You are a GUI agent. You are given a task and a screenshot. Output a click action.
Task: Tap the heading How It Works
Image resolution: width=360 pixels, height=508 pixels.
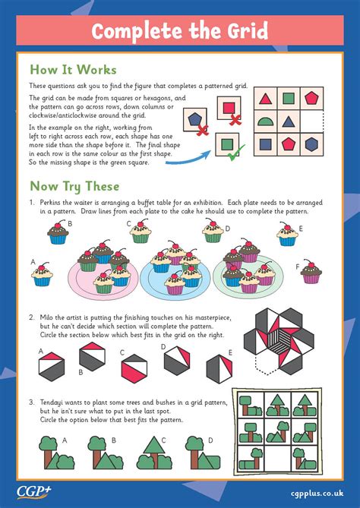click(x=73, y=70)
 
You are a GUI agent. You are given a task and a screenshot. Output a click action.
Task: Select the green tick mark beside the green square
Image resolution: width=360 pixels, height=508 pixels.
click(x=236, y=153)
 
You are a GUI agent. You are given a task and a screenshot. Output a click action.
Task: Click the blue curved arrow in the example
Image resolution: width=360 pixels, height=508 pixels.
click(x=188, y=159)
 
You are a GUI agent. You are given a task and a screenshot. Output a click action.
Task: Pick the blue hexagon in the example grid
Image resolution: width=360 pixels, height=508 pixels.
click(x=311, y=144)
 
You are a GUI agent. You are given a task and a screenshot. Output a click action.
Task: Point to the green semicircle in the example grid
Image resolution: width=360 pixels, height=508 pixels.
click(x=265, y=121)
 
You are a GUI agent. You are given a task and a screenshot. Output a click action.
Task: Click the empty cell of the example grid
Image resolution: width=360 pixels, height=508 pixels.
click(x=311, y=121)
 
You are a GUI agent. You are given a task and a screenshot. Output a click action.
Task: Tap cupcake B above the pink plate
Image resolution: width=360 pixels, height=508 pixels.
click(x=58, y=232)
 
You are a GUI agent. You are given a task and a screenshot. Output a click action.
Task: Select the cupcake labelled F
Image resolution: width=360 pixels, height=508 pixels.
click(x=311, y=272)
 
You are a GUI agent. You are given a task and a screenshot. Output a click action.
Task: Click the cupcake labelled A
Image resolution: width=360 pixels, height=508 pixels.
click(x=42, y=274)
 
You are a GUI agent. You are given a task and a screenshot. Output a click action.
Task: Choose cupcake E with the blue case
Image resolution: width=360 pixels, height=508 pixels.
click(x=287, y=234)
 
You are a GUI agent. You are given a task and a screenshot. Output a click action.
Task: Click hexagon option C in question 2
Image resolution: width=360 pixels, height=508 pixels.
click(x=134, y=369)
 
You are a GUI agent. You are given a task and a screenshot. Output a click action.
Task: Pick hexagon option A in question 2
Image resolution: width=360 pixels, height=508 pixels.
click(x=52, y=367)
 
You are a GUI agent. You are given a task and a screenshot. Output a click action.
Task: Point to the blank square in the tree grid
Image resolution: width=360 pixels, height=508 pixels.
click(x=278, y=459)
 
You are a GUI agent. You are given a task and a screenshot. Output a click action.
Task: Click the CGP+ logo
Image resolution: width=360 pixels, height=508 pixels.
click(x=34, y=492)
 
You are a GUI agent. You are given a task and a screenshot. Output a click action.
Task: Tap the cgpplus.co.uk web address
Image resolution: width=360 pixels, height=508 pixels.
click(x=317, y=494)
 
